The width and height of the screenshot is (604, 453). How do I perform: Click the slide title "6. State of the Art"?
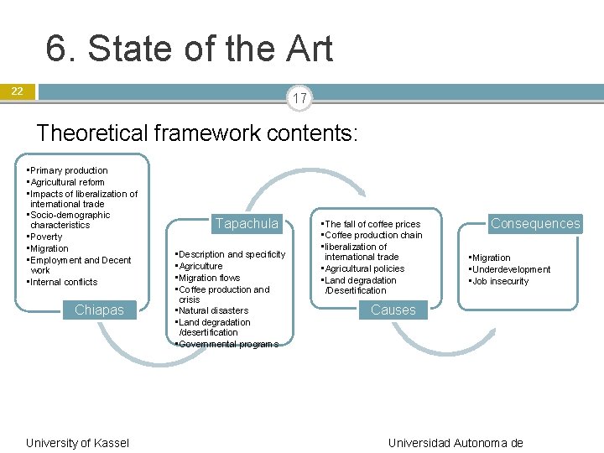[x=190, y=49]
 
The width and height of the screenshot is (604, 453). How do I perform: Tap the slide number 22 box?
[x=18, y=91]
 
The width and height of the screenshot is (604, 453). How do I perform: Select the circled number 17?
[x=300, y=99]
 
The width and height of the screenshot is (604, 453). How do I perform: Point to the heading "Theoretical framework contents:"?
[x=197, y=133]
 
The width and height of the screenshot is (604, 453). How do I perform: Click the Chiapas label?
[x=99, y=310]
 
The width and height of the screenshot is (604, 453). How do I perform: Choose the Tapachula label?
[x=246, y=223]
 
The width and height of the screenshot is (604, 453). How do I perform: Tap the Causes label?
[x=393, y=310]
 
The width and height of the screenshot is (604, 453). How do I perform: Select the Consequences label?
[x=535, y=223]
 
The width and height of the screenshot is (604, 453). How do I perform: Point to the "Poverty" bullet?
[x=46, y=237]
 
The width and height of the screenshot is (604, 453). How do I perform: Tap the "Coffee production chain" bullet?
[x=373, y=235]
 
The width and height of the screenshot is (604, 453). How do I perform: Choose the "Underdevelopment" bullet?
[x=511, y=269]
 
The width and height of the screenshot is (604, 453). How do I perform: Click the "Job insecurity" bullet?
[x=500, y=281]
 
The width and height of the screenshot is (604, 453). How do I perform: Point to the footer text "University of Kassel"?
[x=77, y=442]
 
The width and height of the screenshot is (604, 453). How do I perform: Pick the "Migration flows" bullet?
[x=209, y=278]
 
